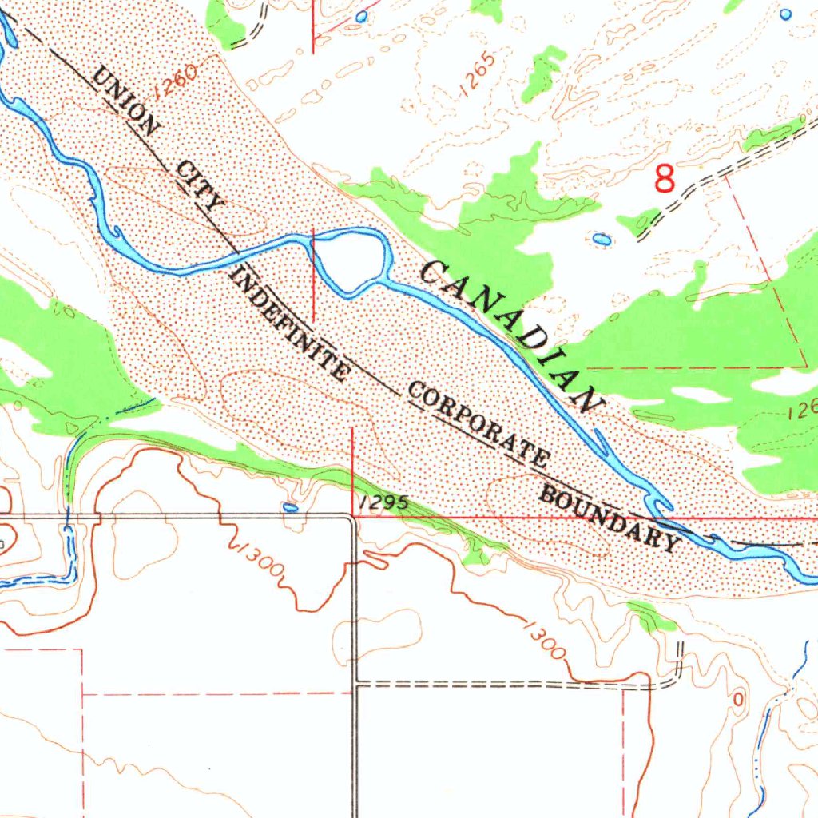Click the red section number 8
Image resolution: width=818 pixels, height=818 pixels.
pyautogui.click(x=665, y=178)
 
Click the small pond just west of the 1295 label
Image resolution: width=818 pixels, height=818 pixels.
pyautogui.click(x=291, y=506)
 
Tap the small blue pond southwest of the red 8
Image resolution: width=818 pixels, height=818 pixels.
pyautogui.click(x=602, y=239)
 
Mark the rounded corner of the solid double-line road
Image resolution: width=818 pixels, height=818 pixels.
pyautogui.click(x=350, y=520)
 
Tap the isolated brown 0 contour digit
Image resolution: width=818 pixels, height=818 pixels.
pyautogui.click(x=737, y=699)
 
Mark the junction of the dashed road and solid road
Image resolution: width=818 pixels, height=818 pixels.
pyautogui.click(x=355, y=684)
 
